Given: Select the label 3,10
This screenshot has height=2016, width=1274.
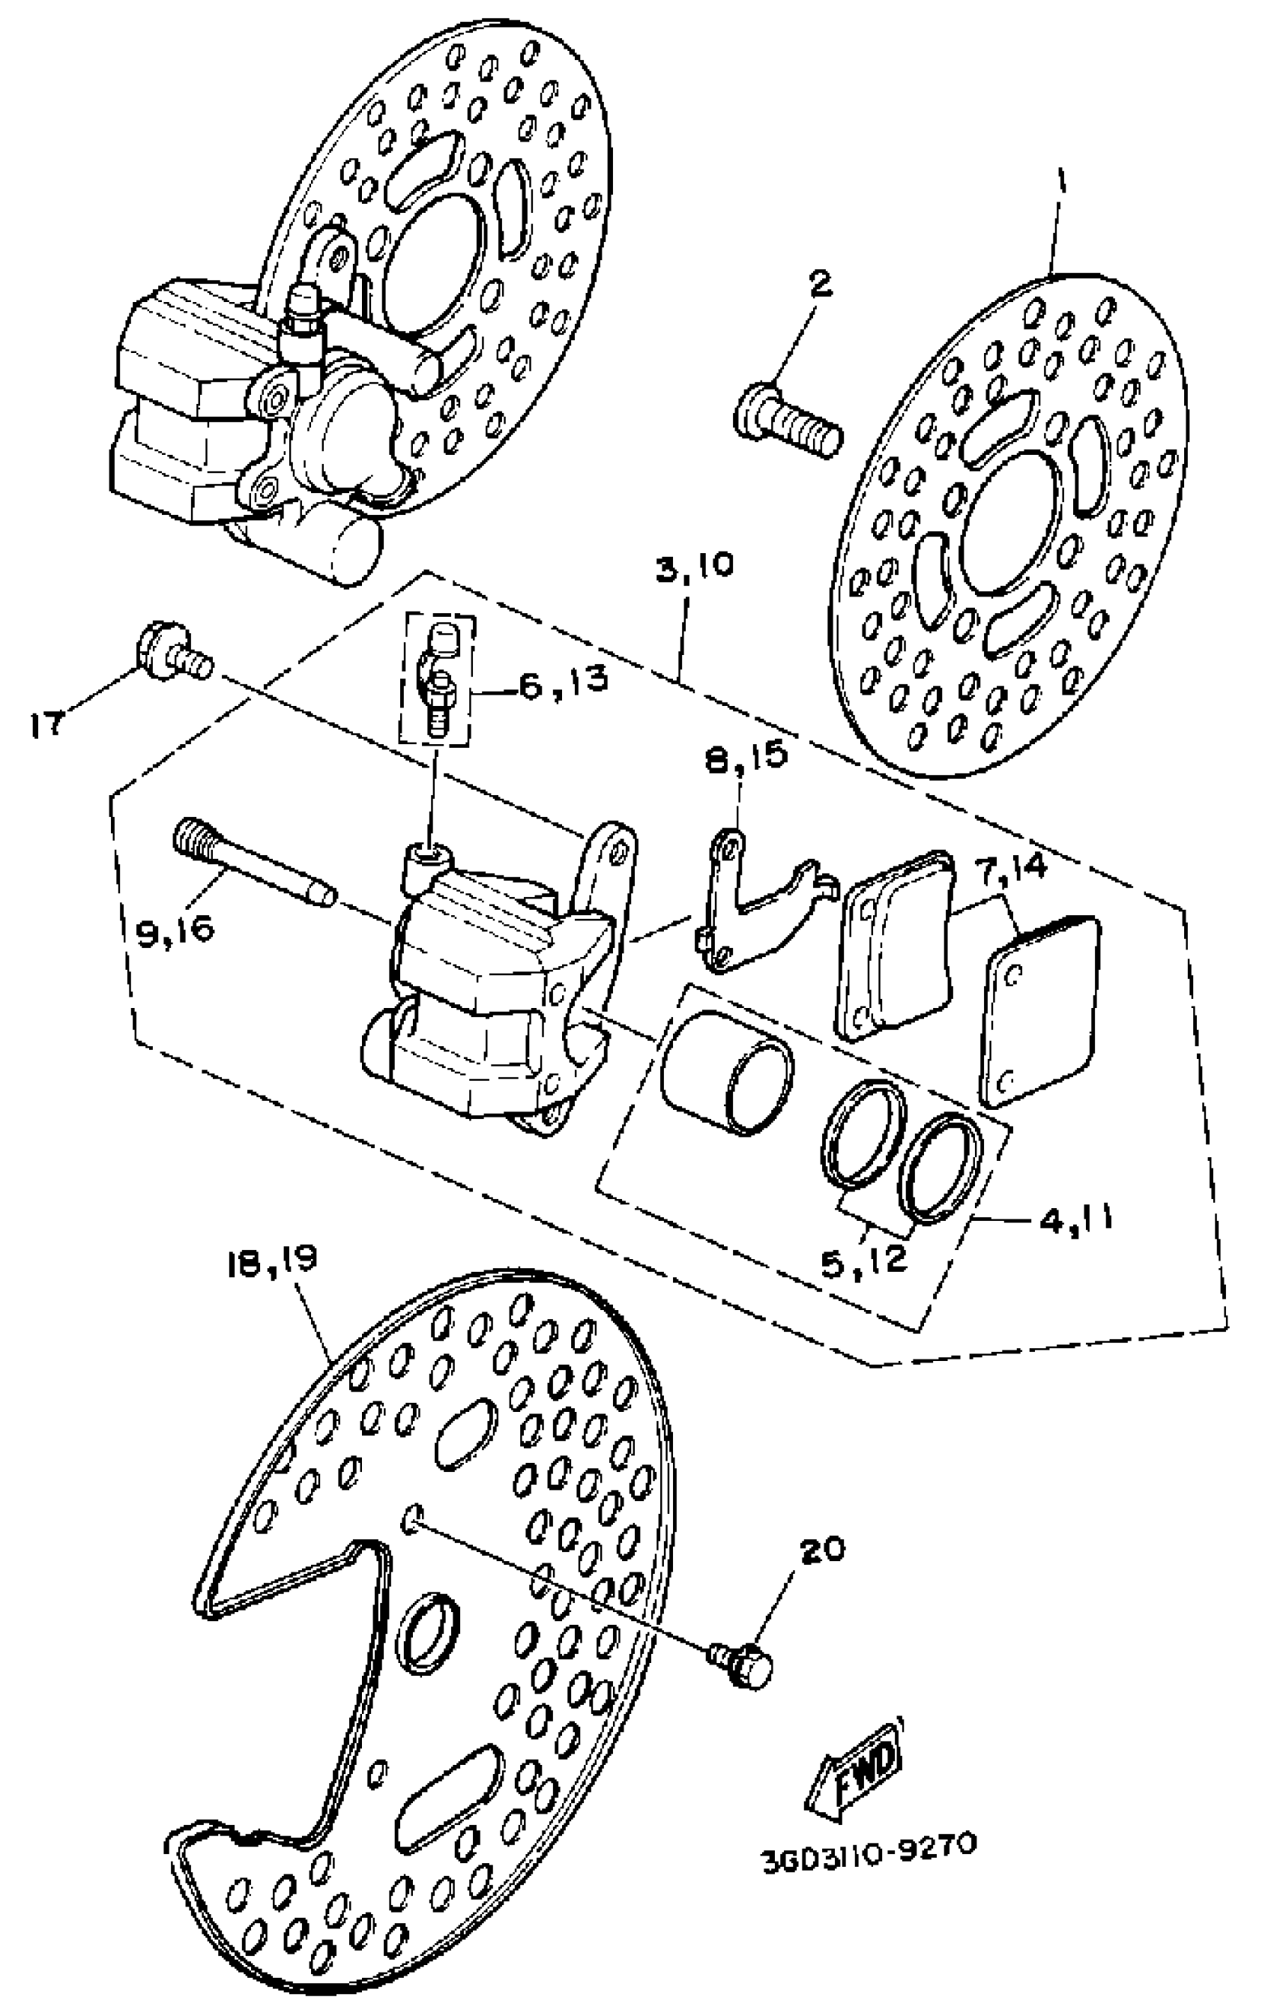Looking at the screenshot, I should click(x=694, y=565).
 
